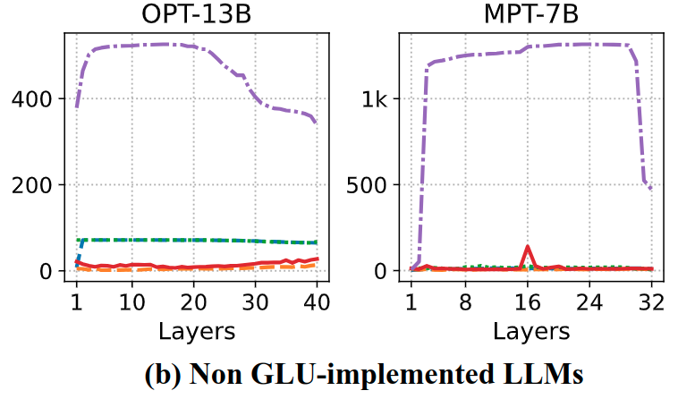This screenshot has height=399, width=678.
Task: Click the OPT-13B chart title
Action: [196, 15]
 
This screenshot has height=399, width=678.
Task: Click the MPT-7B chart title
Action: [530, 15]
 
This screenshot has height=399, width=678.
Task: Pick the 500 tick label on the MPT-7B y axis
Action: [369, 185]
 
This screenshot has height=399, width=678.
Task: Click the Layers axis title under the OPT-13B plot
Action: [197, 331]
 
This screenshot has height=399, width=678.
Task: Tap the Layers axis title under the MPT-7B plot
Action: [530, 331]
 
